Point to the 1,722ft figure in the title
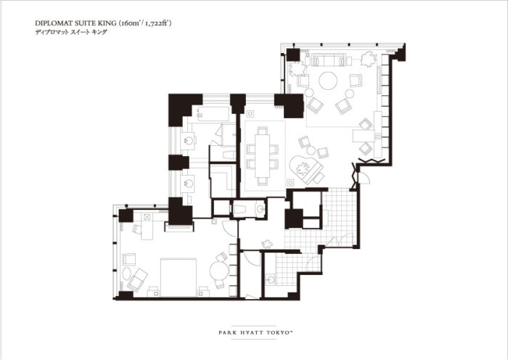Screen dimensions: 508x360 pos(157,23)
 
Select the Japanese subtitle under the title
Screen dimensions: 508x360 pos(71,32)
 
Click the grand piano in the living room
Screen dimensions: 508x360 pos(306,169)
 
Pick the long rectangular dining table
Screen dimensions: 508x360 pos(262,155)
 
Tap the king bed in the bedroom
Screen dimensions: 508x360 pos(179,277)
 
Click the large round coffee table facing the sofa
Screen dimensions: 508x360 pos(328,81)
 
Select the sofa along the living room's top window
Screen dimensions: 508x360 pos(327,60)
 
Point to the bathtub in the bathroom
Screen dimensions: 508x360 pos(213,114)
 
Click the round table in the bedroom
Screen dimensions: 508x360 pos(219,271)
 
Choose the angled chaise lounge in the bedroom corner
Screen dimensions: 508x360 pos(137,279)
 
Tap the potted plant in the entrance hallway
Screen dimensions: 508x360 pos(267,244)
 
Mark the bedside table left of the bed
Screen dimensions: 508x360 pos(154,292)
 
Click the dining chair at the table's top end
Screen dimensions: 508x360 pos(263,130)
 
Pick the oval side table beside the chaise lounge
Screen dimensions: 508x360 pos(127,273)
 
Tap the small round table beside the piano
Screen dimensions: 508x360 pos(311,150)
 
